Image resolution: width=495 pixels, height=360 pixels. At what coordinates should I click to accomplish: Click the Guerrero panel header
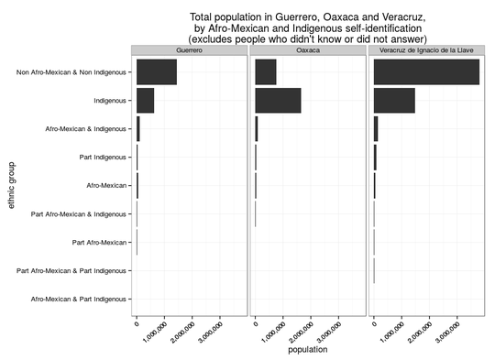click(x=189, y=51)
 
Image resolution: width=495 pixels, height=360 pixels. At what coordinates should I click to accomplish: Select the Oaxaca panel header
click(x=308, y=51)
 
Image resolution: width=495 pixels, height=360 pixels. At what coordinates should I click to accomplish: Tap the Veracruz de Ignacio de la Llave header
click(x=427, y=51)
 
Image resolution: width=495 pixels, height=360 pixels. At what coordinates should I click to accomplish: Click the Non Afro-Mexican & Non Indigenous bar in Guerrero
click(x=156, y=71)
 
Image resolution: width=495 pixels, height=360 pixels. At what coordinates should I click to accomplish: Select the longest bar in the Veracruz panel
click(x=426, y=71)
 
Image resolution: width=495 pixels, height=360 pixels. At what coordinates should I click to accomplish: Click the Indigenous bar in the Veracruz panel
click(x=394, y=100)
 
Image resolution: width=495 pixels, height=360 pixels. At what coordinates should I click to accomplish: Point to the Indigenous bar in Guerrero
click(x=145, y=100)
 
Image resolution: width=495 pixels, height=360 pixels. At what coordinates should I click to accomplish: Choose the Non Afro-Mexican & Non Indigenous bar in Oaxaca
click(x=265, y=71)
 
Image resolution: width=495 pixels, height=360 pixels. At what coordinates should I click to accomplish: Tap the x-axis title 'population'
click(x=307, y=350)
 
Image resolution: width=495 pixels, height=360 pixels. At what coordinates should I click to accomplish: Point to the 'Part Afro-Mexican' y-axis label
click(x=98, y=243)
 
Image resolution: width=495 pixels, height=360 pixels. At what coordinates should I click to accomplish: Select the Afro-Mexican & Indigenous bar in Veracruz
click(x=376, y=129)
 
